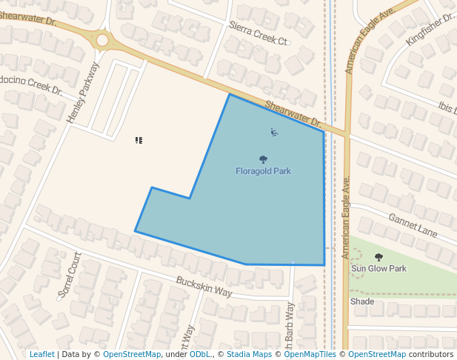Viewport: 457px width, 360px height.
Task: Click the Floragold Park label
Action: click(x=263, y=171)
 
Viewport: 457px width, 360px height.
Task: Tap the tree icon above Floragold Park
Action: click(x=263, y=159)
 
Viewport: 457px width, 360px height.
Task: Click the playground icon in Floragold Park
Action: click(x=274, y=133)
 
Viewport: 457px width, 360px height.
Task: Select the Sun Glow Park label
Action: click(x=378, y=268)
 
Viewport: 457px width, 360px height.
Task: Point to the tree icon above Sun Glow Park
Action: click(x=378, y=257)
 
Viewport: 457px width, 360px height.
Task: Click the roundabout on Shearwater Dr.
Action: click(x=102, y=40)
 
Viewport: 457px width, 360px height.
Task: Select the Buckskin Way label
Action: click(x=204, y=287)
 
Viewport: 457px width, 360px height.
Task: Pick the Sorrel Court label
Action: click(x=70, y=275)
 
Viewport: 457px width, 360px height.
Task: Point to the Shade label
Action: click(x=362, y=301)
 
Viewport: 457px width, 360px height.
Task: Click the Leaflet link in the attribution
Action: click(x=42, y=354)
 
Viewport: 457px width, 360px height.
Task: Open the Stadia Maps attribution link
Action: click(x=248, y=354)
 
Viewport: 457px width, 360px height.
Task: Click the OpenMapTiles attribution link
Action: click(x=310, y=354)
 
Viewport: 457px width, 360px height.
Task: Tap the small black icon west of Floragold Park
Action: click(x=139, y=139)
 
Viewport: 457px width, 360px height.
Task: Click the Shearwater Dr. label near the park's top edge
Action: click(x=293, y=114)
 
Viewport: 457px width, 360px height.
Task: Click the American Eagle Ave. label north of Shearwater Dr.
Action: click(x=360, y=44)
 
